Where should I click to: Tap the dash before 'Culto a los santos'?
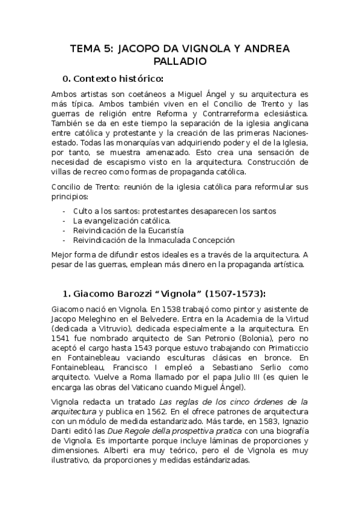click(64, 211)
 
